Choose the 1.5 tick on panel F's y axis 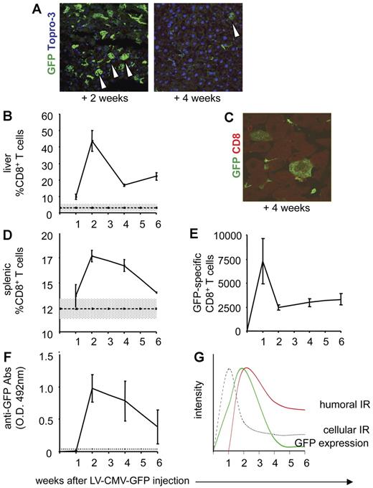click(55, 355)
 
